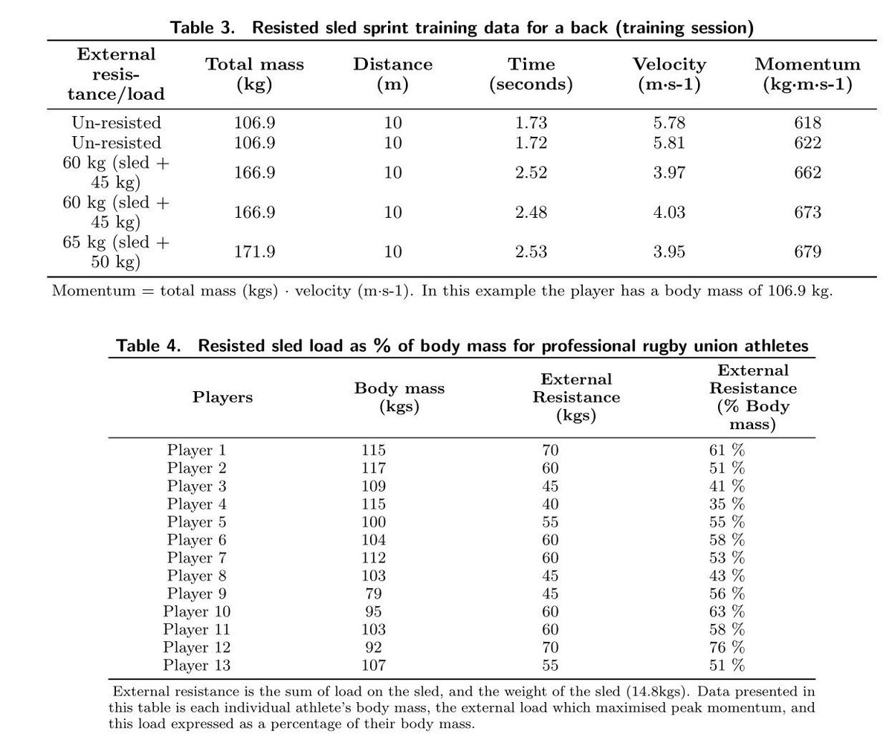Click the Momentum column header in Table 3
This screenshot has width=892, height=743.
[807, 74]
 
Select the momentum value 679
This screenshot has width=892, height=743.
[807, 251]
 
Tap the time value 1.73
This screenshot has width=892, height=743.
[531, 123]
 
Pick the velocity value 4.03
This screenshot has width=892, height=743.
[669, 212]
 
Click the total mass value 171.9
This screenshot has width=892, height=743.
[254, 251]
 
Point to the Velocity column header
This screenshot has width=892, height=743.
[669, 74]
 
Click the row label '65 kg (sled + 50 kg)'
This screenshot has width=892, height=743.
[116, 251]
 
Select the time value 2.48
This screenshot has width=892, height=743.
[531, 212]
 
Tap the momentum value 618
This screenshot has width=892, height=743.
[807, 123]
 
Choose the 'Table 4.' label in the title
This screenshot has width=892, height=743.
[149, 346]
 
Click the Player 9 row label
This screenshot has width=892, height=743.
[196, 594]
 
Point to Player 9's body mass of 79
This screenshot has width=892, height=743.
[373, 594]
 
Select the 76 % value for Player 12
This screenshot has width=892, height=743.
[726, 647]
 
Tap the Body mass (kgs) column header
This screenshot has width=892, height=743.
[399, 397]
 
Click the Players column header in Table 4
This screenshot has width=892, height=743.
[222, 397]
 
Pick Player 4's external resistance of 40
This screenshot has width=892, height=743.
[550, 504]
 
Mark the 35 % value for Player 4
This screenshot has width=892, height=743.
[726, 504]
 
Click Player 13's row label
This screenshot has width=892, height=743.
[196, 665]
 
